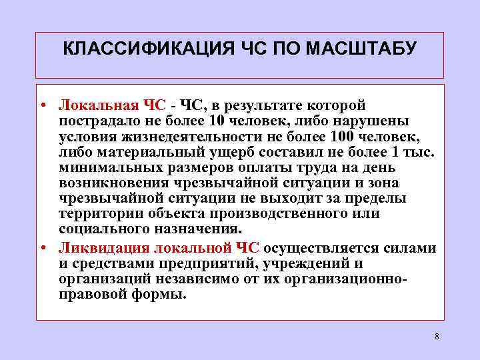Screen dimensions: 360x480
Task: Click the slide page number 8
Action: coord(437,337)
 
